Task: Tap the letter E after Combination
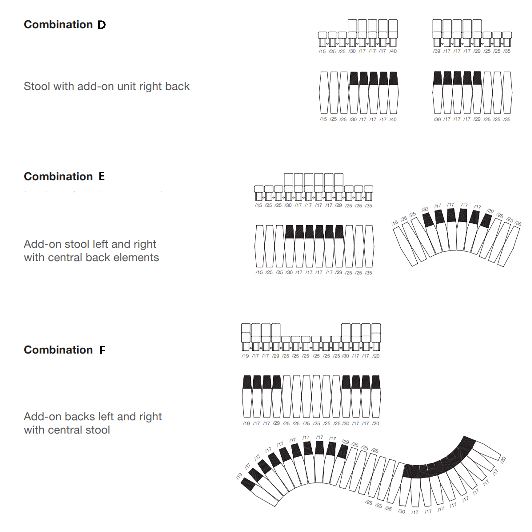102,176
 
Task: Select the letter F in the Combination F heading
102,350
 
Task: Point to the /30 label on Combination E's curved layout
425,210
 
